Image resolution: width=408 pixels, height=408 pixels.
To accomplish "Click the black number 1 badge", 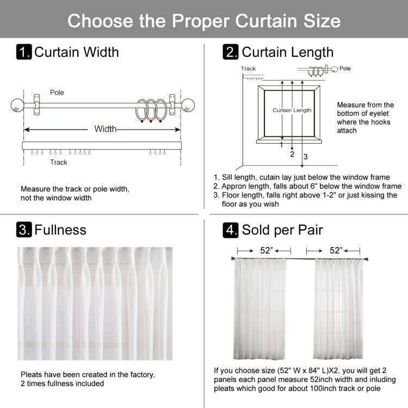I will pos(24,52).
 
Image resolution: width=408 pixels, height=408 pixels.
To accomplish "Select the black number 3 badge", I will pos(24,230).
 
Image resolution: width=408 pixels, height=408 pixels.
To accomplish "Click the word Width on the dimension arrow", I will pos(105,129).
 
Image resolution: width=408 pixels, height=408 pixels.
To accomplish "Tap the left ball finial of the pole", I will pos(17,105).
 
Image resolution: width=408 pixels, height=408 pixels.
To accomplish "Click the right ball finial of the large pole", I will pos(188,105).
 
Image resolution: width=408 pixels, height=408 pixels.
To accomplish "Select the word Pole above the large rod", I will pos(57,92).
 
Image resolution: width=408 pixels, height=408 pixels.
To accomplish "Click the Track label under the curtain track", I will pos(59,162).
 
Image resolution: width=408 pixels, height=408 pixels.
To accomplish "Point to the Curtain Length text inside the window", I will pos(292,110).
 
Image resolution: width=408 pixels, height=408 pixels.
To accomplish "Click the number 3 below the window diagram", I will pos(305,157).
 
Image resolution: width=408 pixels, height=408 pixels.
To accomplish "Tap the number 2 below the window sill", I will pos(292,154).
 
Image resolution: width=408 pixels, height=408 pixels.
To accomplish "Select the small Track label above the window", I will pos(248,69).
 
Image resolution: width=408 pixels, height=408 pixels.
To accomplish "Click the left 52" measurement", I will pos(267,250).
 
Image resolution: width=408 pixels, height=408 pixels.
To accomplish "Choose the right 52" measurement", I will pos(336,250).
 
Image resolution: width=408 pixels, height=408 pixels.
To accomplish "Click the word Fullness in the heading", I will pos(60,230).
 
